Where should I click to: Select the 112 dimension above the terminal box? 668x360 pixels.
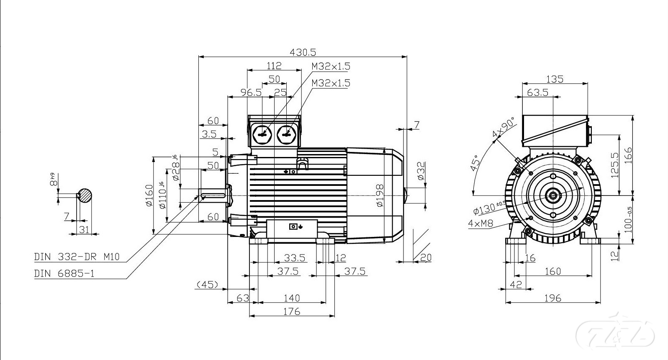click(274, 65)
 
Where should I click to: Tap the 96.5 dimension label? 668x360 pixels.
click(251, 92)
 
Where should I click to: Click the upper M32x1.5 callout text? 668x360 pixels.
click(331, 66)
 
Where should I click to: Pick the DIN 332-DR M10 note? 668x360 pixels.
click(77, 257)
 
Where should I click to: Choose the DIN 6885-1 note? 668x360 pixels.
click(64, 273)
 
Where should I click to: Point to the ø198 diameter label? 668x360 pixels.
click(380, 195)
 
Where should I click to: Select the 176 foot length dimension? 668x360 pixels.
click(292, 311)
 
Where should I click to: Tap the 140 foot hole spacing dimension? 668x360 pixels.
click(292, 298)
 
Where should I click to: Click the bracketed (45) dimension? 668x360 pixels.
click(207, 285)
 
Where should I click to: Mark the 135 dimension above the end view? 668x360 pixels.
click(555, 79)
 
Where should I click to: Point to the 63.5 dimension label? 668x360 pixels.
click(537, 92)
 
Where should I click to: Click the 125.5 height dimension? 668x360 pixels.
click(615, 165)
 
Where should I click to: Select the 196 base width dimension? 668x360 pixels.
click(552, 298)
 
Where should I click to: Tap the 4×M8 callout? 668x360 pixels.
click(480, 224)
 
